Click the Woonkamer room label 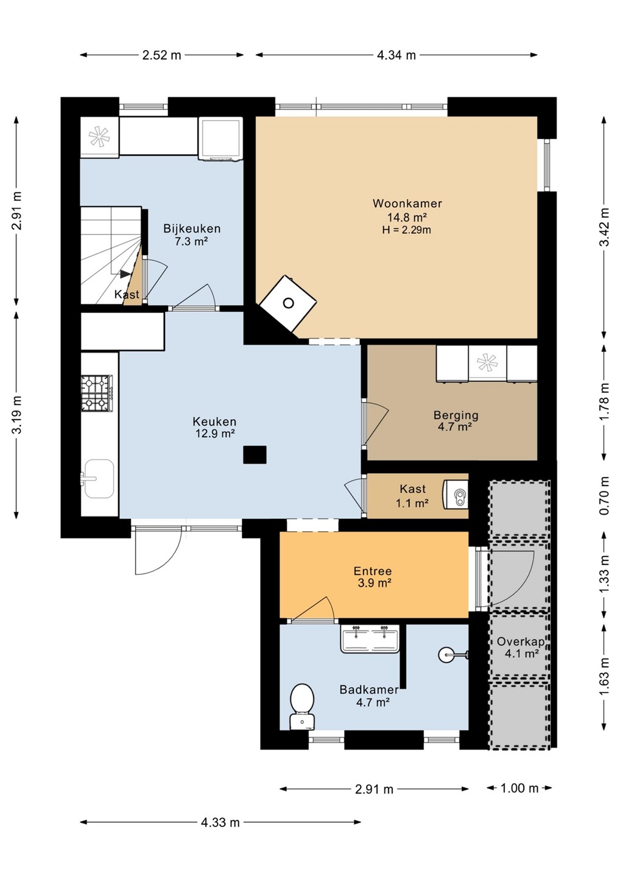click(407, 203)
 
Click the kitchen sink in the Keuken click(98, 479)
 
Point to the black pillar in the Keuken click(255, 454)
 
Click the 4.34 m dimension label click(396, 55)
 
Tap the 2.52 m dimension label click(161, 55)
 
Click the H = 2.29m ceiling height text click(407, 230)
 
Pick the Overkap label click(521, 641)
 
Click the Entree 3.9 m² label click(373, 577)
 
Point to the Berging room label click(456, 415)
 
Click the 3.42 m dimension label click(605, 227)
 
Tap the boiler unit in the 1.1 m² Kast click(456, 495)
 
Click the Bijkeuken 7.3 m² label click(192, 234)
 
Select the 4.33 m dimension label click(220, 822)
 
